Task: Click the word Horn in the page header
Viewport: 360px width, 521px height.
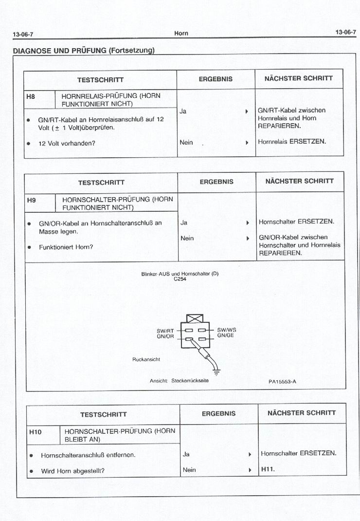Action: [x=181, y=33]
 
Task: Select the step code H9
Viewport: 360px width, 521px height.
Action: [x=31, y=200]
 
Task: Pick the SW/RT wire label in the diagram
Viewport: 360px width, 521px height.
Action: [x=165, y=331]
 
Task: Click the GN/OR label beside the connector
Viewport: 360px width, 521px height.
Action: [x=165, y=336]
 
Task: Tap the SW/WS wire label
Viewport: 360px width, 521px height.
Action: [x=226, y=330]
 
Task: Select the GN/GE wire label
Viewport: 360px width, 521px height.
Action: [x=226, y=335]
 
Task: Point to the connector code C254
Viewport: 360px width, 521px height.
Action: [x=180, y=279]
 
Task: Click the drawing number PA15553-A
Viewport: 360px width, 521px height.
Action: [x=282, y=382]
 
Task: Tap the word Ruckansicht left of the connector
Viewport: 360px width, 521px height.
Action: [x=146, y=359]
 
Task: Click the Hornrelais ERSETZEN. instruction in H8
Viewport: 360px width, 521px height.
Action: [x=292, y=142]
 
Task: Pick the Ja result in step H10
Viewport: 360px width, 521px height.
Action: [x=186, y=454]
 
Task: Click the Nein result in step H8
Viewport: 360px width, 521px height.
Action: [x=186, y=142]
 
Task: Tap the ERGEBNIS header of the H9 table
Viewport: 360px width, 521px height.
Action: [x=216, y=182]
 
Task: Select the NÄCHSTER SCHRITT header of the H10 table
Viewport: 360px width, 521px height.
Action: [x=301, y=413]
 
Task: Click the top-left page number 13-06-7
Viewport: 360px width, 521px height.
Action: [x=23, y=34]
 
